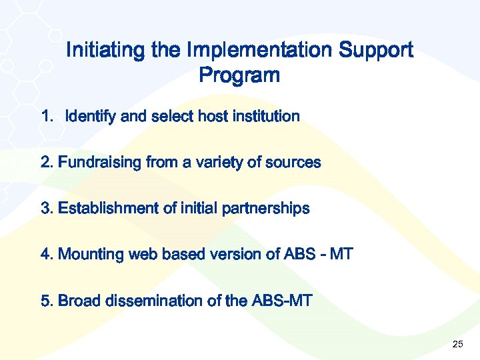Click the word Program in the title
(239, 76)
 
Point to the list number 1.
(46, 117)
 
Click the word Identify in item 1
(91, 117)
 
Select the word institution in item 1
(266, 117)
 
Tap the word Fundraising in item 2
(100, 163)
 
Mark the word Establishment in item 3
(107, 209)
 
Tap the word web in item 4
(143, 255)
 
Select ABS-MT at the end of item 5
(281, 301)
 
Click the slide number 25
(457, 345)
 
